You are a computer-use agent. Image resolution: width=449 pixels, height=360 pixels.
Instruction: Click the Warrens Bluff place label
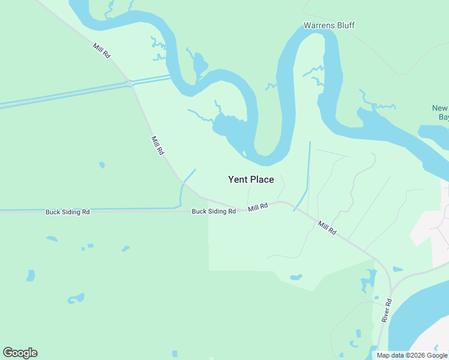point(328,25)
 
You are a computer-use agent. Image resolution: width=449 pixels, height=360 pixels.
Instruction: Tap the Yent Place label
point(251,179)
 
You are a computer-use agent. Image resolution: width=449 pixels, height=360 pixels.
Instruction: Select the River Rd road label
point(386,310)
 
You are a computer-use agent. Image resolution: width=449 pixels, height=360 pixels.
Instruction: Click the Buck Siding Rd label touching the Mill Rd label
point(214,211)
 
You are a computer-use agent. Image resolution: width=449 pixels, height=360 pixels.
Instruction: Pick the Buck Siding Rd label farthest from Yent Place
point(68,212)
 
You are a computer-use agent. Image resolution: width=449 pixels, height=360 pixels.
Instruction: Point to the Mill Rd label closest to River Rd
point(327,227)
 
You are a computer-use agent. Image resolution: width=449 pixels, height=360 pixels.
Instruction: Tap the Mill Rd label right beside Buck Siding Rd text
point(258,208)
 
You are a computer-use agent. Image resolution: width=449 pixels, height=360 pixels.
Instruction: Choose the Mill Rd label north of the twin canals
point(101,50)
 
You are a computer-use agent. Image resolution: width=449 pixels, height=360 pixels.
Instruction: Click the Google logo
point(20,353)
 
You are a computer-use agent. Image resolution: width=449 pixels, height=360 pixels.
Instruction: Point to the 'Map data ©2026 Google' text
point(412,355)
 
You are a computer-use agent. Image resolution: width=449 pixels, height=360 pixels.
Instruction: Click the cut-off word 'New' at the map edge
point(440,109)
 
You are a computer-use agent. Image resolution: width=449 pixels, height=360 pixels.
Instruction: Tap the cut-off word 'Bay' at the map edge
point(444,118)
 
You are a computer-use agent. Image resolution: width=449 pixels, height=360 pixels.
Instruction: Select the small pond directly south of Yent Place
point(295,277)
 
